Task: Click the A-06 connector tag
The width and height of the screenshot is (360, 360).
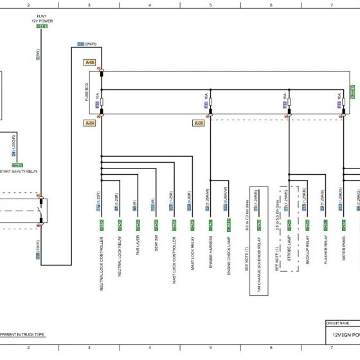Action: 90,62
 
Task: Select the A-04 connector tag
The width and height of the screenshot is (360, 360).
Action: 90,122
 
